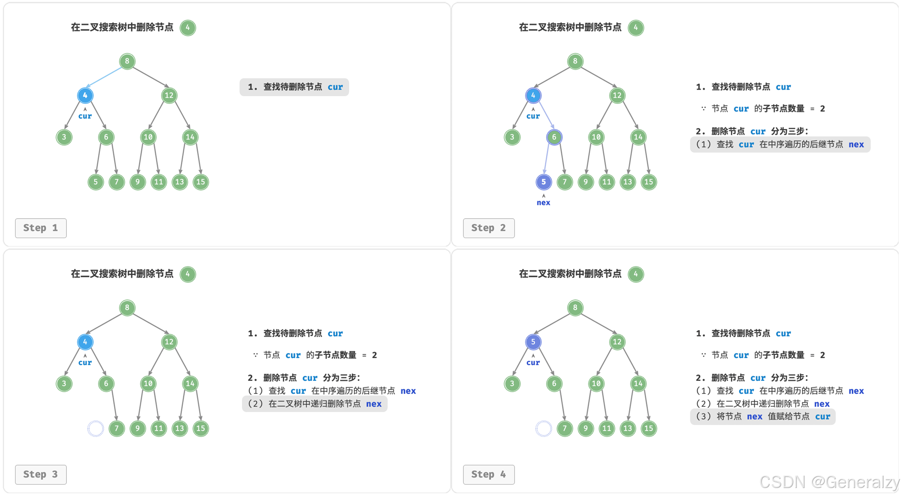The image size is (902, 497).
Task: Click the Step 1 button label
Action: [41, 228]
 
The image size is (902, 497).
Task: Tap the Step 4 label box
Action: [488, 474]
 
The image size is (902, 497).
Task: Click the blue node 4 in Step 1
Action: [85, 95]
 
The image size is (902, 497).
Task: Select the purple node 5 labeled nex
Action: [543, 182]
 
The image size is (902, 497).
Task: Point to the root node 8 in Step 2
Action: [575, 61]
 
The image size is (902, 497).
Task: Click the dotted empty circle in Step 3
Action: [95, 428]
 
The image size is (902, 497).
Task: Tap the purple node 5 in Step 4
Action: [533, 342]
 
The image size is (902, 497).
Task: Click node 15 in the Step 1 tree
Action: [201, 182]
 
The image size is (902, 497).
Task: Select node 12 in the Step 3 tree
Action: [169, 342]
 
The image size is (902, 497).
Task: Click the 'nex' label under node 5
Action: [543, 202]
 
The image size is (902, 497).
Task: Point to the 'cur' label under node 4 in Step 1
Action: [85, 116]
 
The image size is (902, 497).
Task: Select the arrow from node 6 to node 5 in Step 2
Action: [548, 159]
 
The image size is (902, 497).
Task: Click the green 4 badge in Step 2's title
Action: [636, 28]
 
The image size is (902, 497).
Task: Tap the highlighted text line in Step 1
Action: [294, 87]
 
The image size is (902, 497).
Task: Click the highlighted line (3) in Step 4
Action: [763, 417]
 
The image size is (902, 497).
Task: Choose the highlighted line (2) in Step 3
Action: [315, 404]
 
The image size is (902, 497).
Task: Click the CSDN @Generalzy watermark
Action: [829, 482]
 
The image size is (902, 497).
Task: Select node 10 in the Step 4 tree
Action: [596, 384]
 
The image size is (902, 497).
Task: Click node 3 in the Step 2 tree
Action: [512, 137]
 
